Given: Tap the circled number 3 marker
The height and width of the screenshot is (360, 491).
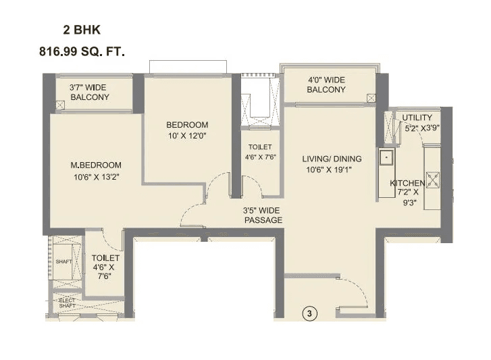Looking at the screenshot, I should point(309,313).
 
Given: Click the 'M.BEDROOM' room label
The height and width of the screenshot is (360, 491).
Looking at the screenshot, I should point(96,165).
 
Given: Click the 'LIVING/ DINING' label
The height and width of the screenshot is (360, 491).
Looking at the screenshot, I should point(331,159).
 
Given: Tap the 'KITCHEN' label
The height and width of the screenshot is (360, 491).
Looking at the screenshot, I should point(407,183).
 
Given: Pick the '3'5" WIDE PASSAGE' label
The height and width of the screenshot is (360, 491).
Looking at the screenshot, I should point(263,215).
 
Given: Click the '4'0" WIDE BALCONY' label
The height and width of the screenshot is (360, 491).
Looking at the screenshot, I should point(326,84).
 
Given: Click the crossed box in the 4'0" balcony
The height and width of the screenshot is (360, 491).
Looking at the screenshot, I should point(371,97).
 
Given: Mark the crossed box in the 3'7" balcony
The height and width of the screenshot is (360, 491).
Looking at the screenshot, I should point(60,105).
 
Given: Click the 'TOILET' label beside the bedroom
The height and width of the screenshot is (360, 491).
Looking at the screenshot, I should point(260,147).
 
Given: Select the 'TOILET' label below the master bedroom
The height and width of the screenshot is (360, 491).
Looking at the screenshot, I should point(105,258).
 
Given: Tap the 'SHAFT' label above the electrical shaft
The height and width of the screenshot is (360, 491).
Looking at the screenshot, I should point(63,261).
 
